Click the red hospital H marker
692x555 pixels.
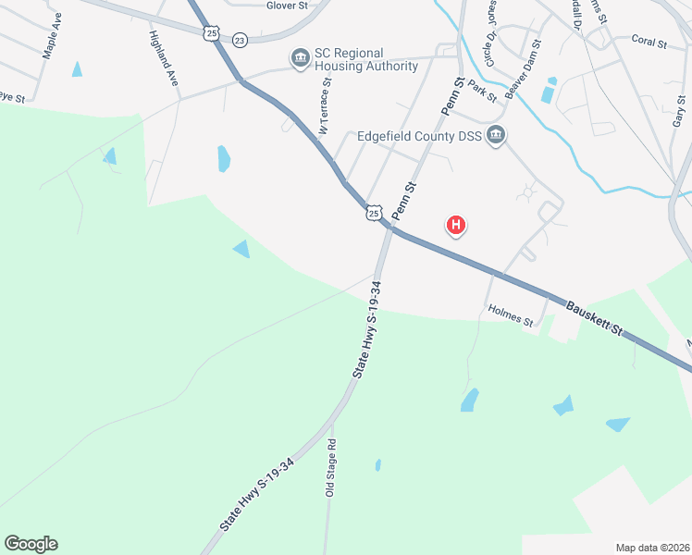pyautogui.click(x=455, y=225)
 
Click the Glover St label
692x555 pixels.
pyautogui.click(x=287, y=6)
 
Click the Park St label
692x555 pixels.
pyautogui.click(x=483, y=90)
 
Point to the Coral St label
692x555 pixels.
pyautogui.click(x=649, y=41)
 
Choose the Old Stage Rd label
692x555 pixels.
pyautogui.click(x=330, y=468)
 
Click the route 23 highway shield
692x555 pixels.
pyautogui.click(x=241, y=40)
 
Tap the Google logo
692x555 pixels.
pyautogui.click(x=31, y=544)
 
